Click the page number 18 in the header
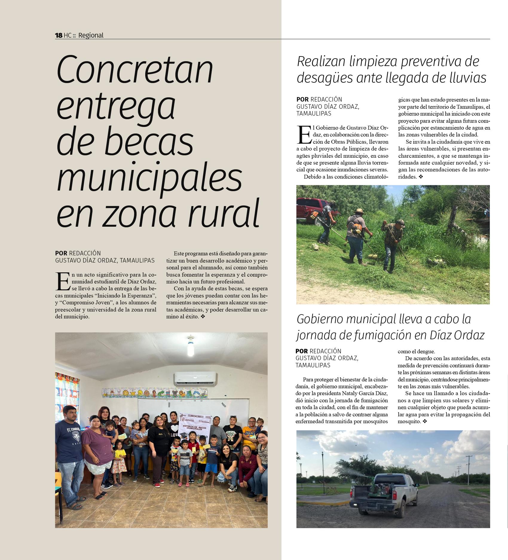coord(59,35)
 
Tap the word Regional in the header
coord(91,35)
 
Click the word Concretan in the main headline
coord(135,70)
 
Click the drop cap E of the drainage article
coord(304,135)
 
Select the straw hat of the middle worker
coord(358,211)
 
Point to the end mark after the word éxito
coord(203,316)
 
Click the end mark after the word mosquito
coord(425,421)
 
